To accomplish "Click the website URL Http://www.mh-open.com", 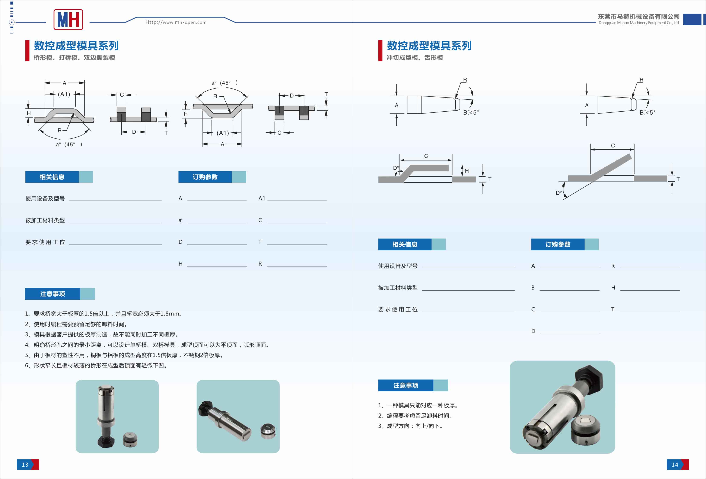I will (x=176, y=22).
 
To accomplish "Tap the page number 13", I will (x=25, y=464).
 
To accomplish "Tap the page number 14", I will (x=675, y=464).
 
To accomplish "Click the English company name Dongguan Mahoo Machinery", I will (x=638, y=23).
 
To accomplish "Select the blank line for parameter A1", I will (x=297, y=199).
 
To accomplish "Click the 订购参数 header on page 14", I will (x=558, y=245).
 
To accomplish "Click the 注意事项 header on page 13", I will (x=53, y=294).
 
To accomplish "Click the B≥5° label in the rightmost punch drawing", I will (x=647, y=112).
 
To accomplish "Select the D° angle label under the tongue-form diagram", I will (x=558, y=193).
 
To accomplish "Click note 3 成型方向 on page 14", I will (x=410, y=426).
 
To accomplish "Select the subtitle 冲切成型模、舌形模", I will (x=414, y=58).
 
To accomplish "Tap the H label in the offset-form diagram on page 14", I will (x=467, y=171).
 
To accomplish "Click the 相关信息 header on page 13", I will (x=52, y=177).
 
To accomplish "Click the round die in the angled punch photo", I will (x=268, y=431).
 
